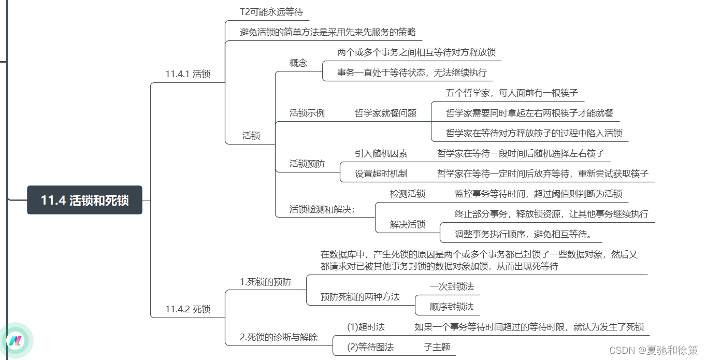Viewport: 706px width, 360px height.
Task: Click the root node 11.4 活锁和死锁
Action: click(x=84, y=200)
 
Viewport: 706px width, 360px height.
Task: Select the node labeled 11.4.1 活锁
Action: click(x=188, y=74)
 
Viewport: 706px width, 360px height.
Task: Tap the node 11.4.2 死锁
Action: click(x=188, y=309)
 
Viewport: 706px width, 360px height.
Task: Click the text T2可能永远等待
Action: click(x=271, y=12)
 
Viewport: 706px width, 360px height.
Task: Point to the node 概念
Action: click(x=298, y=63)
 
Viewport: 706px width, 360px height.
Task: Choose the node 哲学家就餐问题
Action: click(x=385, y=113)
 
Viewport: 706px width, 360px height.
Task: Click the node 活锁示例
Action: click(x=307, y=113)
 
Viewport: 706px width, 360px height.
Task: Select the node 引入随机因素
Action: click(x=381, y=153)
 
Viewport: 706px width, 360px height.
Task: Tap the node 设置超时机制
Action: click(x=381, y=174)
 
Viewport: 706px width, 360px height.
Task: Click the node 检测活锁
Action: click(x=407, y=194)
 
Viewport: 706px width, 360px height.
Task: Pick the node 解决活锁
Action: click(x=407, y=224)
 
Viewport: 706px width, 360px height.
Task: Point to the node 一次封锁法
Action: click(x=452, y=286)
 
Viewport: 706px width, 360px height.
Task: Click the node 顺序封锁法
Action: click(x=452, y=307)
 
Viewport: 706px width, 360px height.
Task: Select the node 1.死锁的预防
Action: click(x=265, y=282)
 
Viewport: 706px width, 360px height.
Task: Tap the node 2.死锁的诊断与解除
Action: click(x=279, y=337)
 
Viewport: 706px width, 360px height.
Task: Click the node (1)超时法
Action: click(x=366, y=327)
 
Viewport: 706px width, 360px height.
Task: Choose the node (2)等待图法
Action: click(x=370, y=347)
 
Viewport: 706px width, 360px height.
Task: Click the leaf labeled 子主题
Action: click(x=437, y=347)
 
